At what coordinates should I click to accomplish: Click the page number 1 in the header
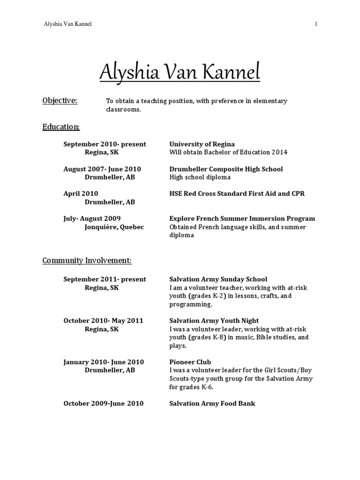[x=316, y=24]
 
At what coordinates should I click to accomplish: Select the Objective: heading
[x=60, y=100]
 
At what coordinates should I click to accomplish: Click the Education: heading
[x=61, y=127]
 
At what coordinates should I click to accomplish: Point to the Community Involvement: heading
[x=87, y=260]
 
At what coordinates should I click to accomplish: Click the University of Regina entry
[x=202, y=144]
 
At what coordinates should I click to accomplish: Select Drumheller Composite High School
[x=226, y=169]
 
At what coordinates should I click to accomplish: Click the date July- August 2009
[x=92, y=218]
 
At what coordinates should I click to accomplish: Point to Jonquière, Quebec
[x=114, y=227]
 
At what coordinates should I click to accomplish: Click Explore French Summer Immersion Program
[x=242, y=218]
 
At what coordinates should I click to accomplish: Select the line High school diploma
[x=200, y=177]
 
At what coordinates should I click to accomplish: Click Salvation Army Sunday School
[x=218, y=279]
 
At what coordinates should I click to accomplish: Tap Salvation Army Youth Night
[x=214, y=321]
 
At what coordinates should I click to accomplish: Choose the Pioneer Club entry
[x=190, y=362]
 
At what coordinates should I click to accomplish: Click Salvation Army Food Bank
[x=212, y=403]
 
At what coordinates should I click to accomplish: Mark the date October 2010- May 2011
[x=103, y=321]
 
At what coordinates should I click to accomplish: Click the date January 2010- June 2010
[x=103, y=362]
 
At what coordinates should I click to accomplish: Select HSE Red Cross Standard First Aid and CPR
[x=237, y=194]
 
